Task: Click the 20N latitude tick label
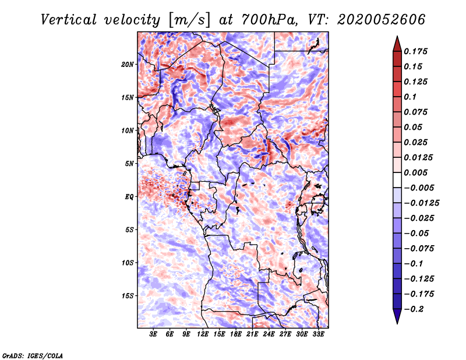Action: [127, 64]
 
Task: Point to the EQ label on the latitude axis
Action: [129, 197]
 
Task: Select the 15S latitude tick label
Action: [127, 296]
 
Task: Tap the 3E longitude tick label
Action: [153, 334]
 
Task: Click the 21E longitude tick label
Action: [252, 334]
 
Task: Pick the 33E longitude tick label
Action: [318, 334]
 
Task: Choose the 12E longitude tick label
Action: [203, 334]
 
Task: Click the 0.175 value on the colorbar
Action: [415, 51]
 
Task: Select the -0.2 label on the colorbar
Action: [414, 309]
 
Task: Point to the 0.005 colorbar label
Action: [415, 172]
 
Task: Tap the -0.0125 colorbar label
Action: [421, 203]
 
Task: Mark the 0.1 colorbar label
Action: [410, 97]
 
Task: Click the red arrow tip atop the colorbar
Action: [397, 37]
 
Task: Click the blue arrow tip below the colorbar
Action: [397, 323]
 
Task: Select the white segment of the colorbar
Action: [397, 180]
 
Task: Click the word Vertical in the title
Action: [69, 20]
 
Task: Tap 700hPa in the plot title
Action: [269, 20]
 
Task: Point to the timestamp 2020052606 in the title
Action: [382, 20]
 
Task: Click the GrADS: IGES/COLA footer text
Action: [33, 355]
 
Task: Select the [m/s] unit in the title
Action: [189, 20]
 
